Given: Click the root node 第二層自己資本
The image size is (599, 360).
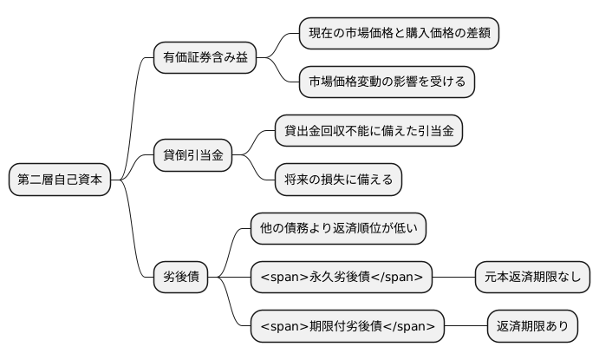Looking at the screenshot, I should pos(60,180).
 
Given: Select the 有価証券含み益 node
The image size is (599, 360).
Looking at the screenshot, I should pos(205,58).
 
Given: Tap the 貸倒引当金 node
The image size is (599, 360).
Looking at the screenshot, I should pos(192,155).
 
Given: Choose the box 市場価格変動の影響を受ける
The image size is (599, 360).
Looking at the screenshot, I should pos(387,82).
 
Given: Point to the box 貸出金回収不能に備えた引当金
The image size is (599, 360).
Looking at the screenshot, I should pos(368,131).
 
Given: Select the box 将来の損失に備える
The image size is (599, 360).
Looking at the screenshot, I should pos(338,180).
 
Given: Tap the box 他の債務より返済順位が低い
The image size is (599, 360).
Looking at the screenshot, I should pos(338,229).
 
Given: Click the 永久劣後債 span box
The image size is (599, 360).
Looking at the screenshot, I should pos(342,278).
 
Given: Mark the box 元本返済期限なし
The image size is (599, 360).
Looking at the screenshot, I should pos(533,278).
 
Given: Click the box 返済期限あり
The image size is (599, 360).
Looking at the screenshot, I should pos(533,326).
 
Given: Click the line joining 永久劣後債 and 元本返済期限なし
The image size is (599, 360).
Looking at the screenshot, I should pos(454,278).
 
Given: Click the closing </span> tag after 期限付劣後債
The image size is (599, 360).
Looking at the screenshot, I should pos(412,326).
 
